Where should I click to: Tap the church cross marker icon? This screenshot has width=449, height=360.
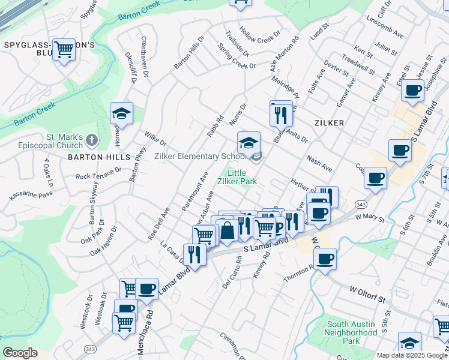tap(91, 140)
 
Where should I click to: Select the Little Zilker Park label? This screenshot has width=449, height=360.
tap(244, 176)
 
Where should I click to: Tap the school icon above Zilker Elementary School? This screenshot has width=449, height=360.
tap(249, 143)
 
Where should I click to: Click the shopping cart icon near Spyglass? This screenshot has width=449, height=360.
tap(64, 50)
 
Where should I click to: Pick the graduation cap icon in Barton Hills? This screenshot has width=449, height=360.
tap(121, 113)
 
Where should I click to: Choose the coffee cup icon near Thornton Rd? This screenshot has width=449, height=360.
tap(325, 259)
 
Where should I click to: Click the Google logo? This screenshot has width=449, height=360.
tap(19, 353)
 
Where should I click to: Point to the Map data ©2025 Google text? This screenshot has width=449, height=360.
tap(411, 355)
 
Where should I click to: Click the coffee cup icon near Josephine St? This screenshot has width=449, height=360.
tap(413, 91)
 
